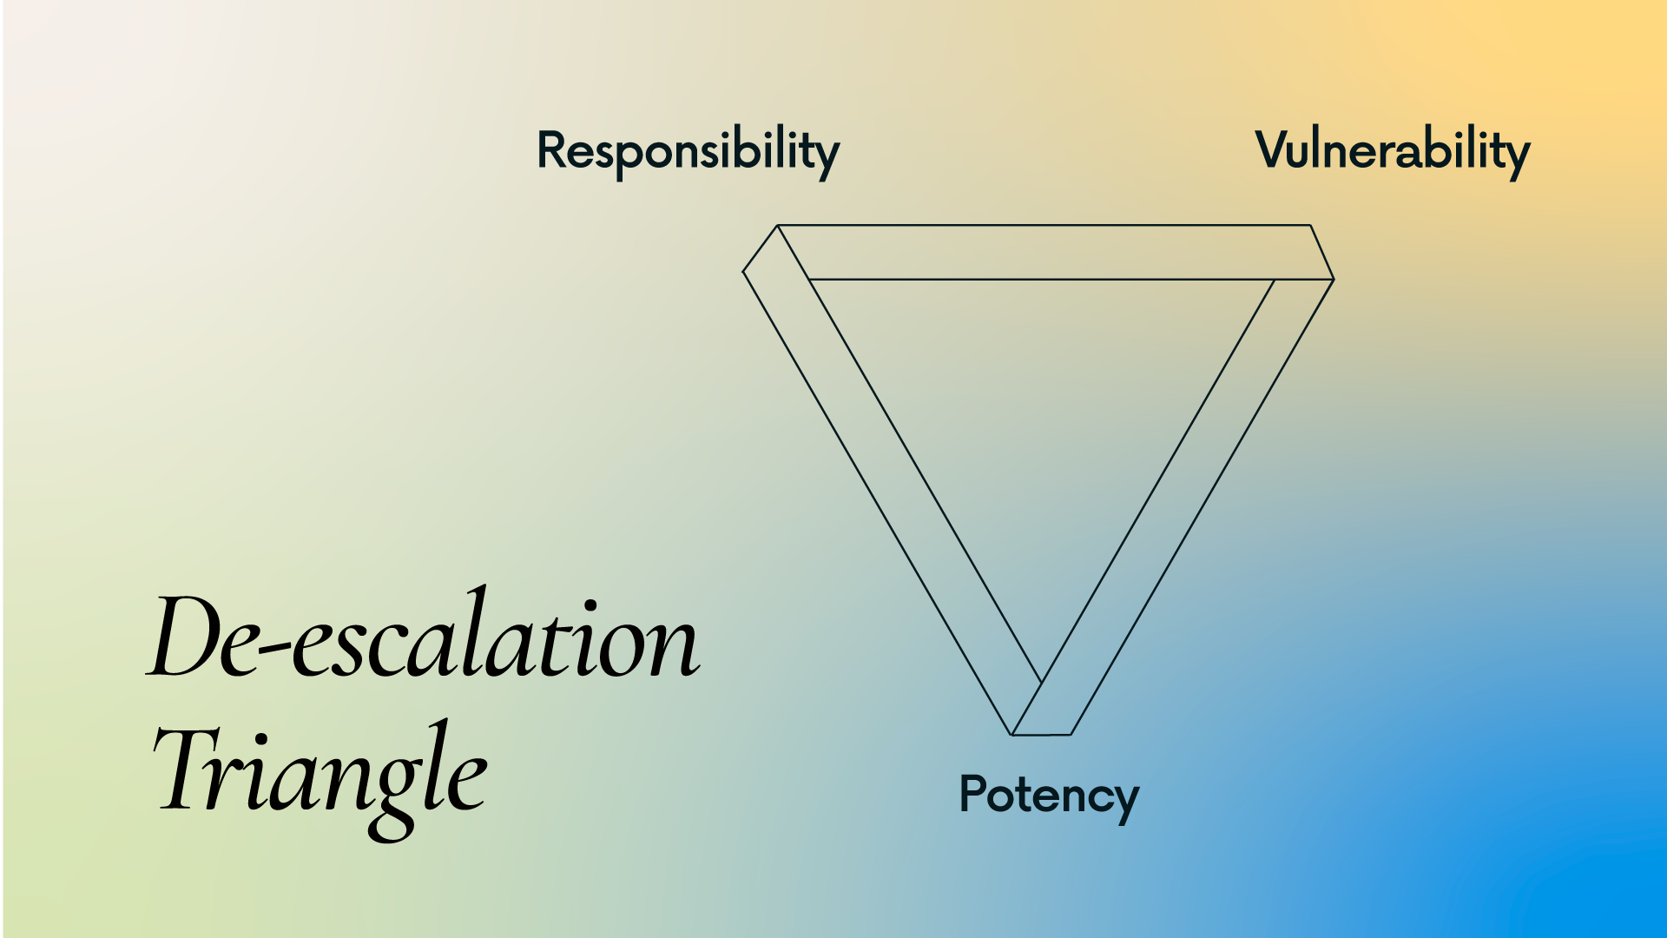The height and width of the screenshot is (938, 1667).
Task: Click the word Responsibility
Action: (688, 151)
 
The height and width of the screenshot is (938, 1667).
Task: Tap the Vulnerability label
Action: (1392, 151)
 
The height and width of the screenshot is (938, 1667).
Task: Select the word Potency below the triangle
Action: (1048, 795)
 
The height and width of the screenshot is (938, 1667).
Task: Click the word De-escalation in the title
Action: (424, 638)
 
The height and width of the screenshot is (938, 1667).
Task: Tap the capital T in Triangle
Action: (187, 769)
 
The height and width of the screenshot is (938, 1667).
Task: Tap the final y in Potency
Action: (1123, 802)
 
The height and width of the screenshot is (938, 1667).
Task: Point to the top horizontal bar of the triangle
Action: (1042, 252)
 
